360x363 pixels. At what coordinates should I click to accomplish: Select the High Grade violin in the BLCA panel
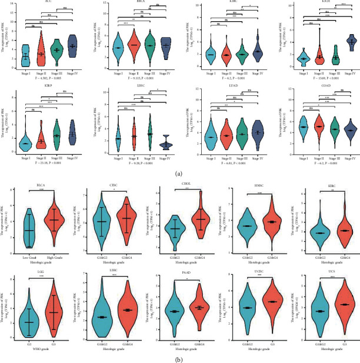[x=53, y=219]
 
